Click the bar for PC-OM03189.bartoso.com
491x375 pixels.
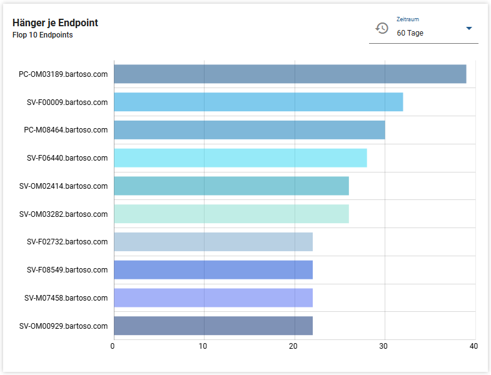click(290, 74)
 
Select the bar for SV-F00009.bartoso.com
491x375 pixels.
click(258, 102)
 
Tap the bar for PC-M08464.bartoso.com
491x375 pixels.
click(249, 130)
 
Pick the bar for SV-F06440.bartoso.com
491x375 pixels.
click(240, 158)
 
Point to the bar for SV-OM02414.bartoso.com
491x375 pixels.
click(231, 186)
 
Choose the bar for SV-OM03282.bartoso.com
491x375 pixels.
click(231, 214)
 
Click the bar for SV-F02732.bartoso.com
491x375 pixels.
click(213, 242)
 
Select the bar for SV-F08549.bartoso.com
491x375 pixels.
click(213, 270)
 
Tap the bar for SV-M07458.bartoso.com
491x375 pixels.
click(213, 297)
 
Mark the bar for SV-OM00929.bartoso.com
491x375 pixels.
click(213, 326)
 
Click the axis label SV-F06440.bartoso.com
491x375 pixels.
click(67, 158)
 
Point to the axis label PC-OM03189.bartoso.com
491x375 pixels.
click(63, 74)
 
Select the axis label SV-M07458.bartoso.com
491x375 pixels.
click(66, 297)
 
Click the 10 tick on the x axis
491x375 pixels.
click(203, 346)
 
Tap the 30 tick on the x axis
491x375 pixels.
click(384, 346)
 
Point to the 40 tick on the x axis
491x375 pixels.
click(473, 346)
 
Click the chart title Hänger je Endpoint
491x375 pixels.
click(55, 23)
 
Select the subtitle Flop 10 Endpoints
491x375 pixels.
click(43, 35)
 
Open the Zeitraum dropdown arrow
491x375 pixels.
click(469, 29)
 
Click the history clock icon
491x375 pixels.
click(382, 28)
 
